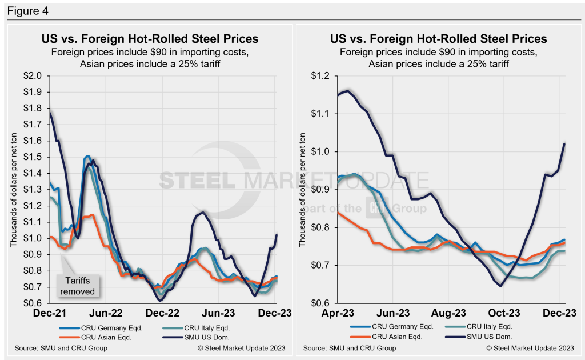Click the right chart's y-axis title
pos(304,189)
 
